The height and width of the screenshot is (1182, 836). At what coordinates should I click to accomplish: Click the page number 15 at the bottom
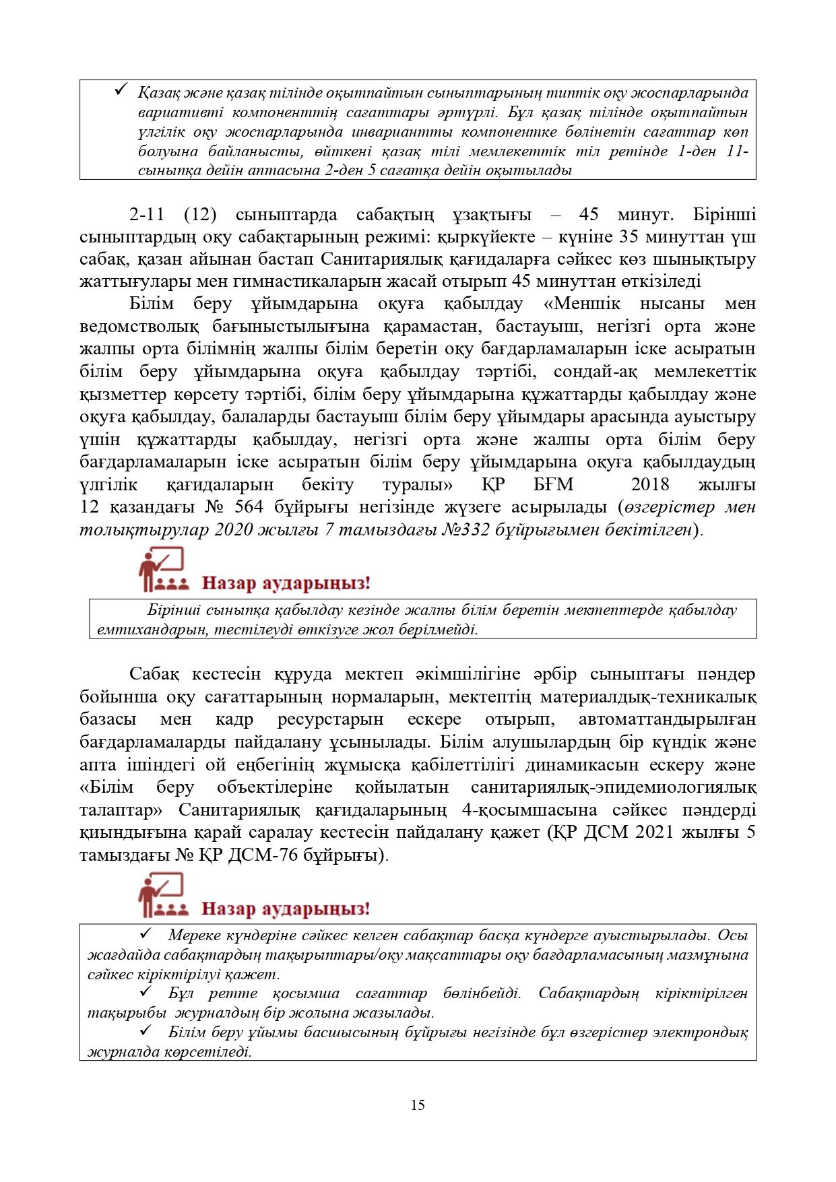point(418,1105)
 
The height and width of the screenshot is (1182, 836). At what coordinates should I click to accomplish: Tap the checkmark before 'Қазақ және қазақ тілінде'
point(122,89)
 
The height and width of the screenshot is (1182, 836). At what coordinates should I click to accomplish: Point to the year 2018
point(650,484)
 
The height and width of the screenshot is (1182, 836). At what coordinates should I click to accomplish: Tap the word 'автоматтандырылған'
point(667,719)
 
